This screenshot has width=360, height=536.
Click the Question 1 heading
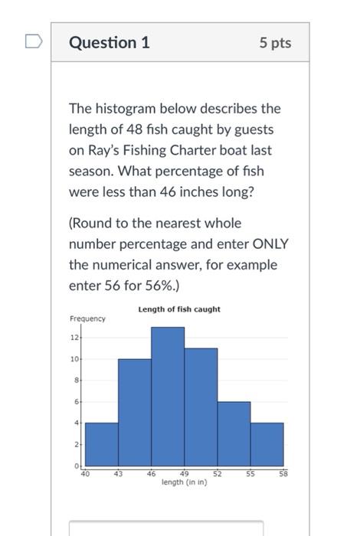tap(109, 44)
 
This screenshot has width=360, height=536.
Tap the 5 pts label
tap(275, 44)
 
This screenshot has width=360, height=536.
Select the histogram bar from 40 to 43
tap(102, 443)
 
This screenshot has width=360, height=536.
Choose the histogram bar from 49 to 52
tap(201, 406)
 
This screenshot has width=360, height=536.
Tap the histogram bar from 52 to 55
tap(234, 433)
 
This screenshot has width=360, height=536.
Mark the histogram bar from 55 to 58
tap(267, 443)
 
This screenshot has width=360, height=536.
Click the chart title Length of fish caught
tap(178, 309)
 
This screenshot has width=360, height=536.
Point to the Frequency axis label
tap(87, 318)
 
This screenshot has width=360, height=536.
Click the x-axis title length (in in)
tap(184, 482)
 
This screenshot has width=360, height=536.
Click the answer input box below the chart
tap(165, 528)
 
